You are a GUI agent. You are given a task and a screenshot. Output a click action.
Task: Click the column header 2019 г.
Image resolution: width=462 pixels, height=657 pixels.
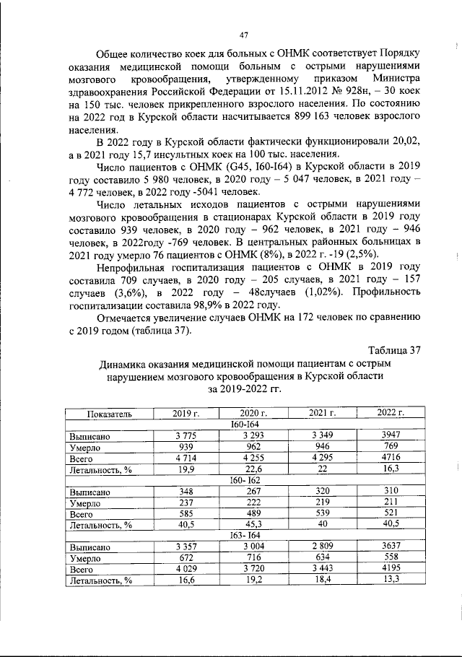(x=186, y=413)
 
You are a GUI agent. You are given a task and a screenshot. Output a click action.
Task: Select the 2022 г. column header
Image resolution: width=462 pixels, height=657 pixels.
(x=391, y=413)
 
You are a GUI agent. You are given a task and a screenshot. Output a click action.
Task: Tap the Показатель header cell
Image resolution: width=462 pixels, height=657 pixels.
(x=108, y=413)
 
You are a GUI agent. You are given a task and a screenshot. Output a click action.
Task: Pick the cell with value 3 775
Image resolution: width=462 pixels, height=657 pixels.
(x=186, y=436)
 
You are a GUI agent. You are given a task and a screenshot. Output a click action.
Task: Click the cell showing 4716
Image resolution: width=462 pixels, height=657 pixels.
(x=391, y=458)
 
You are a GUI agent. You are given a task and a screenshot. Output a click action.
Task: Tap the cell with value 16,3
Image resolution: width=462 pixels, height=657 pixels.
(x=391, y=469)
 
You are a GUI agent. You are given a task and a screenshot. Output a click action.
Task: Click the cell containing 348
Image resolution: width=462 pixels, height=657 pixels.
(x=186, y=492)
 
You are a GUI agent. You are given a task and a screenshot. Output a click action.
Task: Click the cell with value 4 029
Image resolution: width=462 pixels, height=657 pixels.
(x=186, y=570)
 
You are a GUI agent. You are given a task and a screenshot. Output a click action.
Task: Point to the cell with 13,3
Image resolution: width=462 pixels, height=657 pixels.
(x=391, y=580)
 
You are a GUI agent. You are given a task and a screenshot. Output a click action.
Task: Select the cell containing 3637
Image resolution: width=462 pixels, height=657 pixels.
(x=391, y=547)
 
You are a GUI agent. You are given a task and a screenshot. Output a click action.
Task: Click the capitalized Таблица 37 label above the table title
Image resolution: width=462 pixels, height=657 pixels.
(x=393, y=351)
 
